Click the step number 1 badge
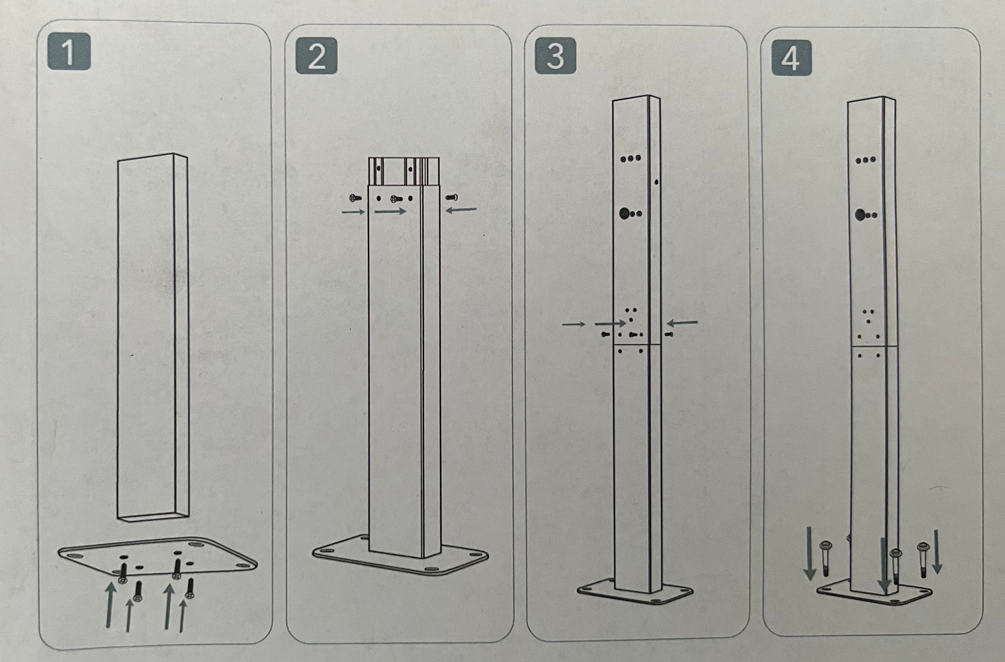coord(69,51)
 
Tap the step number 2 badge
coord(316,56)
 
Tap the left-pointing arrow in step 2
coord(461,209)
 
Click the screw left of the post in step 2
coord(355,197)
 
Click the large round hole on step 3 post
coord(624,213)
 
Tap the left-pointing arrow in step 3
coord(682,323)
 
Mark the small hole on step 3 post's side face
coord(657,182)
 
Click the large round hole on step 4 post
coord(859,215)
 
